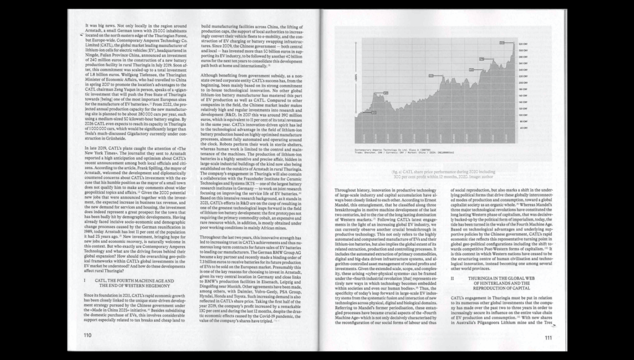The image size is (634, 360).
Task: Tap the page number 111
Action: [549, 338]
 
